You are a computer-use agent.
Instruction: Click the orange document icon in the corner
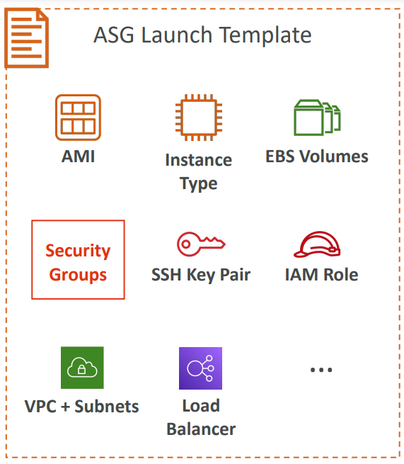coord(26,38)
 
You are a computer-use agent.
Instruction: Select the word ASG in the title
coord(114,35)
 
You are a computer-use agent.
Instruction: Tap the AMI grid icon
coord(78,118)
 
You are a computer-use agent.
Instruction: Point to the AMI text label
coord(79,157)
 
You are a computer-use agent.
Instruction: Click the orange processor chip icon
coord(199,118)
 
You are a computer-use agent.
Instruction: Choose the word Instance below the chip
coord(199,160)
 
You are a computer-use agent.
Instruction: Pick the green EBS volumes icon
coord(317,118)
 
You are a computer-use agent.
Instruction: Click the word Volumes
coord(334,157)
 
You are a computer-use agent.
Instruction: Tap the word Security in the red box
coord(78,251)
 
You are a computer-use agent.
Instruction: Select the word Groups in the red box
coord(78,275)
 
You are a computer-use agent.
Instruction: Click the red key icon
coord(201,244)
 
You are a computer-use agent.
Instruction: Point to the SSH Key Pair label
coord(201,275)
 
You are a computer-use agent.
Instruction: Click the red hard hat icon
coord(317,244)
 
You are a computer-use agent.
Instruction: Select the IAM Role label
coord(321,275)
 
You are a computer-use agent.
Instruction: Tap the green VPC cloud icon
coord(82,368)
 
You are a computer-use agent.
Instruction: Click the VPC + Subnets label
coord(81,407)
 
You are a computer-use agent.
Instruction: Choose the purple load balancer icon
coord(200,368)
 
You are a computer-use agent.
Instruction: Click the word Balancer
coord(201,429)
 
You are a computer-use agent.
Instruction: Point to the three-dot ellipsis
coord(321,370)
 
